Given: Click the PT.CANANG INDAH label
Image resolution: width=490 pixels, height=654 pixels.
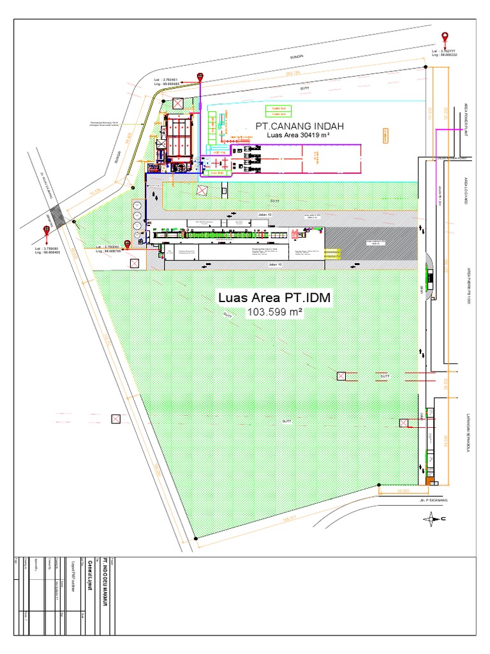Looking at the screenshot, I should tap(295, 125).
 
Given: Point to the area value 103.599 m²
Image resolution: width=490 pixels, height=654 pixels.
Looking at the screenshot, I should tap(274, 312).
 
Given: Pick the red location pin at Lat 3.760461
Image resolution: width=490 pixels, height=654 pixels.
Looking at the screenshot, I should tap(200, 77).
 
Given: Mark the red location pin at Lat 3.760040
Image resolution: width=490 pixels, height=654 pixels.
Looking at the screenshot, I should tap(128, 244).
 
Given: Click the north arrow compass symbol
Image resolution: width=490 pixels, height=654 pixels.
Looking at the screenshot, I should tap(434, 519).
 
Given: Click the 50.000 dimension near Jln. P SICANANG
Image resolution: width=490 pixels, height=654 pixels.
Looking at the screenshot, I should tap(402, 490).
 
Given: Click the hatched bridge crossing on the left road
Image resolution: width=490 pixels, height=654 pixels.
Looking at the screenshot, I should tap(56, 215).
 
